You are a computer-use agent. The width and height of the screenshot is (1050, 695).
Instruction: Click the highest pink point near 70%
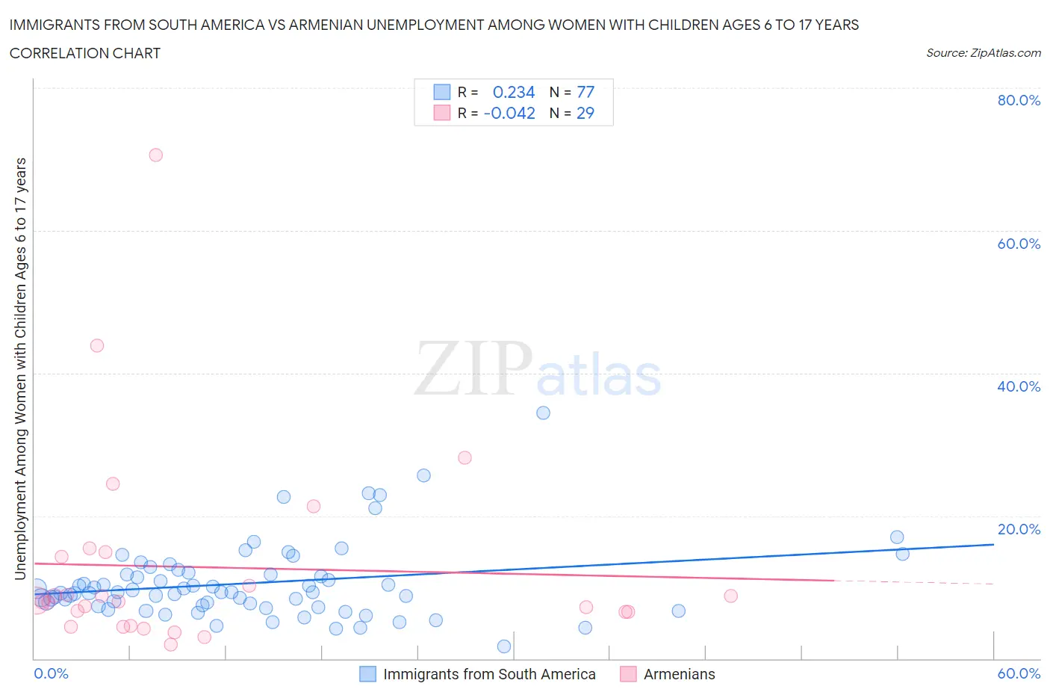pyautogui.click(x=155, y=155)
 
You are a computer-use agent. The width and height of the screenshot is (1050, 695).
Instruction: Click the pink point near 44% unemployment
pyautogui.click(x=97, y=345)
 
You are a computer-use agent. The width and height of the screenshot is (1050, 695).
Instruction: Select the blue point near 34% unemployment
pyautogui.click(x=543, y=413)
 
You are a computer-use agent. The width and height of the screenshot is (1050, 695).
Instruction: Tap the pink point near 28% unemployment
pyautogui.click(x=465, y=457)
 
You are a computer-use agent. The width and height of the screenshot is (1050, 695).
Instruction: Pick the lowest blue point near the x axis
pyautogui.click(x=504, y=646)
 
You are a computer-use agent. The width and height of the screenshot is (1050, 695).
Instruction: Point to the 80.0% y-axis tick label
pyautogui.click(x=1018, y=100)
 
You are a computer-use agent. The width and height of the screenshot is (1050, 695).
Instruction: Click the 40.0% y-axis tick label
pyautogui.click(x=1018, y=386)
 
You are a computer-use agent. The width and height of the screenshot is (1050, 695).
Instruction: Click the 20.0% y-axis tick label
pyautogui.click(x=1018, y=529)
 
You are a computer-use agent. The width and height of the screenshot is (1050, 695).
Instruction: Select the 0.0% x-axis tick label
pyautogui.click(x=51, y=673)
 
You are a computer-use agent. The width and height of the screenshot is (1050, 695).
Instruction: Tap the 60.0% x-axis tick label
pyautogui.click(x=1018, y=673)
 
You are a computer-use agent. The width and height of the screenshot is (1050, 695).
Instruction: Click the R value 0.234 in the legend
pyautogui.click(x=514, y=92)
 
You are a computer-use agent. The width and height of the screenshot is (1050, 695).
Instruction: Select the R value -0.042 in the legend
pyautogui.click(x=509, y=113)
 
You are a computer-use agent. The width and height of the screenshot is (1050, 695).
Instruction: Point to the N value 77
pyautogui.click(x=585, y=92)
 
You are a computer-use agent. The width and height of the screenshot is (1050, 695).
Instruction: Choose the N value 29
pyautogui.click(x=585, y=113)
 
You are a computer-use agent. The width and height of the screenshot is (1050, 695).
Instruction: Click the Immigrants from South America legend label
pyautogui.click(x=489, y=674)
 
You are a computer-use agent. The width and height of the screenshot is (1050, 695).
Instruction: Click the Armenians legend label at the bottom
pyautogui.click(x=679, y=674)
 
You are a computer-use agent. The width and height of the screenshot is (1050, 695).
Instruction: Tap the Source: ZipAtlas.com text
pyautogui.click(x=983, y=52)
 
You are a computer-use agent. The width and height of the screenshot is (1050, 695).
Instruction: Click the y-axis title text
pyautogui.click(x=20, y=368)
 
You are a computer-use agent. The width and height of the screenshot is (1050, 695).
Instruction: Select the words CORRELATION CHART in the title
pyautogui.click(x=84, y=53)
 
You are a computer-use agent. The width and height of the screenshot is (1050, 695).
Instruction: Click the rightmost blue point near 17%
pyautogui.click(x=897, y=537)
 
